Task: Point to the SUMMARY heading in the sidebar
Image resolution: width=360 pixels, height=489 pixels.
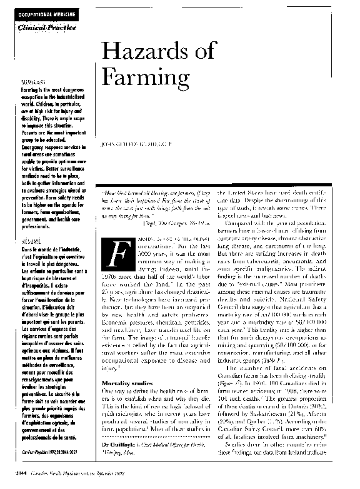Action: pos(31,83)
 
